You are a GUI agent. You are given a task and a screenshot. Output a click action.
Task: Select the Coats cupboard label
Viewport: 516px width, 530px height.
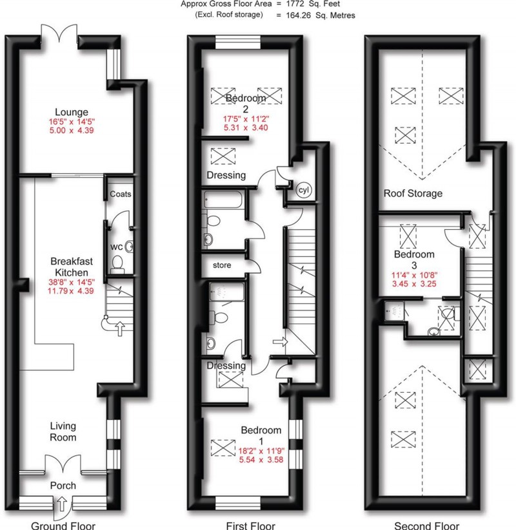click(x=120, y=194)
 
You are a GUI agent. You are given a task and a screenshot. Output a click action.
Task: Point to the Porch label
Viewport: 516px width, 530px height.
click(x=63, y=486)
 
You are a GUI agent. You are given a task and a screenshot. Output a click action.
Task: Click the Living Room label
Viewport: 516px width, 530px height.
click(x=63, y=431)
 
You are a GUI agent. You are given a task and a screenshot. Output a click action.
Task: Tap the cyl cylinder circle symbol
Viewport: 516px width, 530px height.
click(x=303, y=191)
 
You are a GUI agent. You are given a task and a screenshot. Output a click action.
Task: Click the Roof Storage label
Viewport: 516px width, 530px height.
click(x=413, y=193)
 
